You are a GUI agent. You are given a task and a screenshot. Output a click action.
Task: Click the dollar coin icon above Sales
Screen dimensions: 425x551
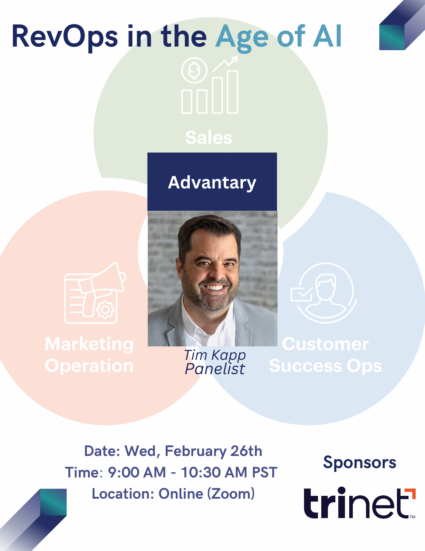point(194,70)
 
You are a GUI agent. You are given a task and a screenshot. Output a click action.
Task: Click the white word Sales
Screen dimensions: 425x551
point(209,137)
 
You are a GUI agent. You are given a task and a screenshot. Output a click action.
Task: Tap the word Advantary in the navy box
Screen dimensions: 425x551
point(212,183)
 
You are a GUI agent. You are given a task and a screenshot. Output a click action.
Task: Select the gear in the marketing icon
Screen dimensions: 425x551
point(105,310)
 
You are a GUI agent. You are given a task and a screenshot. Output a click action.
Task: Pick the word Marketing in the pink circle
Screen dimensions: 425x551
point(89,344)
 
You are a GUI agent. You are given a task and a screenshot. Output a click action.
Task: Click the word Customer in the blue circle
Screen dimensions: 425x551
point(325,344)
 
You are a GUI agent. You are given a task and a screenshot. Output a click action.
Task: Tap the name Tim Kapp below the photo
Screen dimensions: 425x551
point(215,355)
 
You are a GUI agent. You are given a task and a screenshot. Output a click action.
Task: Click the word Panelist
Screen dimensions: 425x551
point(215,369)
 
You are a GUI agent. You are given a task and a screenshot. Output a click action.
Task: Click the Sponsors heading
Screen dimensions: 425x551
point(360,463)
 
